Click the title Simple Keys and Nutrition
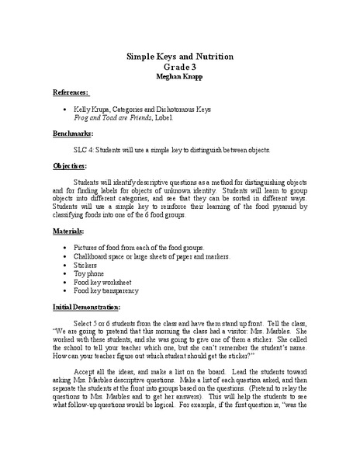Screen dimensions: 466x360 click(180, 57)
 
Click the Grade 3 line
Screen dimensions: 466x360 click(180, 68)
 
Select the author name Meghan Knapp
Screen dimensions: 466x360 click(180, 78)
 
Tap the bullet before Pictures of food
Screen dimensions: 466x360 click(61, 248)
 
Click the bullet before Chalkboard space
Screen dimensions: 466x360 click(61, 256)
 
